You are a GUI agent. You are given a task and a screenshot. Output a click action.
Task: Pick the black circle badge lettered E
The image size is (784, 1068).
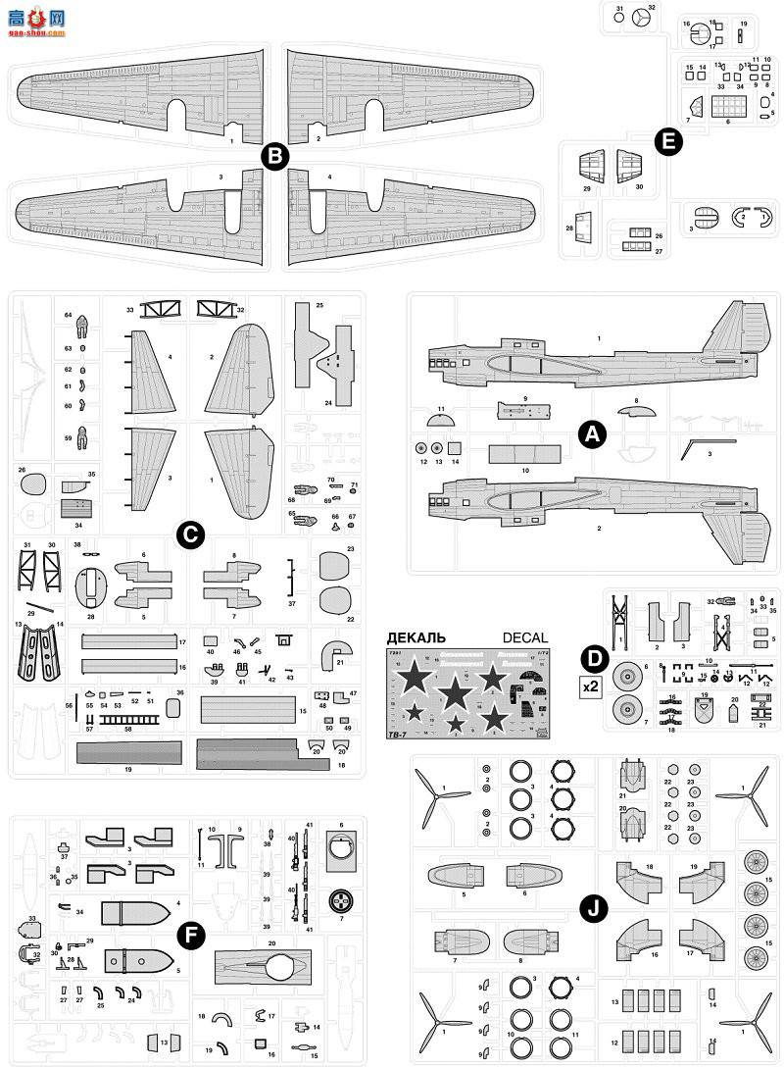[668, 142]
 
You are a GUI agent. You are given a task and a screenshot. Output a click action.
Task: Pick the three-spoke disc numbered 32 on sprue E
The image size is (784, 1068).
[640, 19]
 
